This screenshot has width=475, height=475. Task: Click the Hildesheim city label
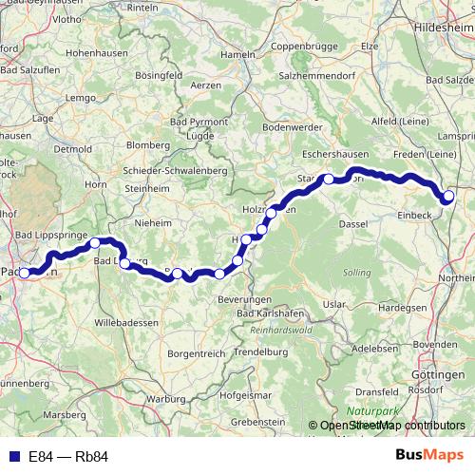444,29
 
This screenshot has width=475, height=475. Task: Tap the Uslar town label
334,304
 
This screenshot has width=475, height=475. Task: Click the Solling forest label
357,273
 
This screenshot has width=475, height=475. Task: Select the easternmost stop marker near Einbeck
449,197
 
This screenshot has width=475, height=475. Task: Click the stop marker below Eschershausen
329,179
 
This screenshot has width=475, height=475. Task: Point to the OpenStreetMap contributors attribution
389,427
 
